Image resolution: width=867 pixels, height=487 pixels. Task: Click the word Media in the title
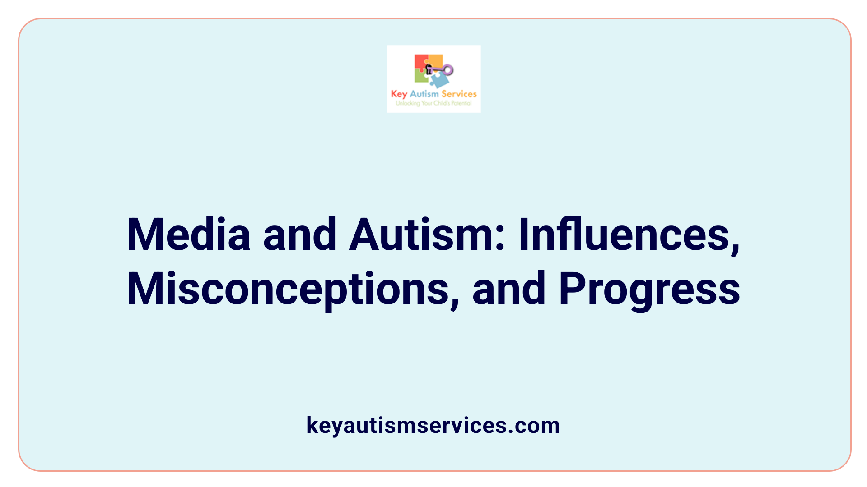188,234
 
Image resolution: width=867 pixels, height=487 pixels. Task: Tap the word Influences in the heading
629,235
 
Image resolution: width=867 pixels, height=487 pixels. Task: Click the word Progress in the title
649,289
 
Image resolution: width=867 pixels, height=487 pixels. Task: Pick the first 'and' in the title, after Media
299,234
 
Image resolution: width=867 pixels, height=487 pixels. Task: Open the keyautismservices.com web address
433,425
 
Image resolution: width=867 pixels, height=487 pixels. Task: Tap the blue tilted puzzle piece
439,80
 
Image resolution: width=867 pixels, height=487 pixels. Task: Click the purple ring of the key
447,69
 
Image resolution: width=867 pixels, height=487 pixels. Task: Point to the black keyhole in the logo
429,69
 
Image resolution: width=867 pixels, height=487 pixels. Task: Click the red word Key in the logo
399,94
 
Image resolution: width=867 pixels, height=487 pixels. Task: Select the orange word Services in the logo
459,94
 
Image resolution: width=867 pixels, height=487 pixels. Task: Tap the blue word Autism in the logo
424,94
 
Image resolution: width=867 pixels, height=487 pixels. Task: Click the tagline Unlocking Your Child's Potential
433,103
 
